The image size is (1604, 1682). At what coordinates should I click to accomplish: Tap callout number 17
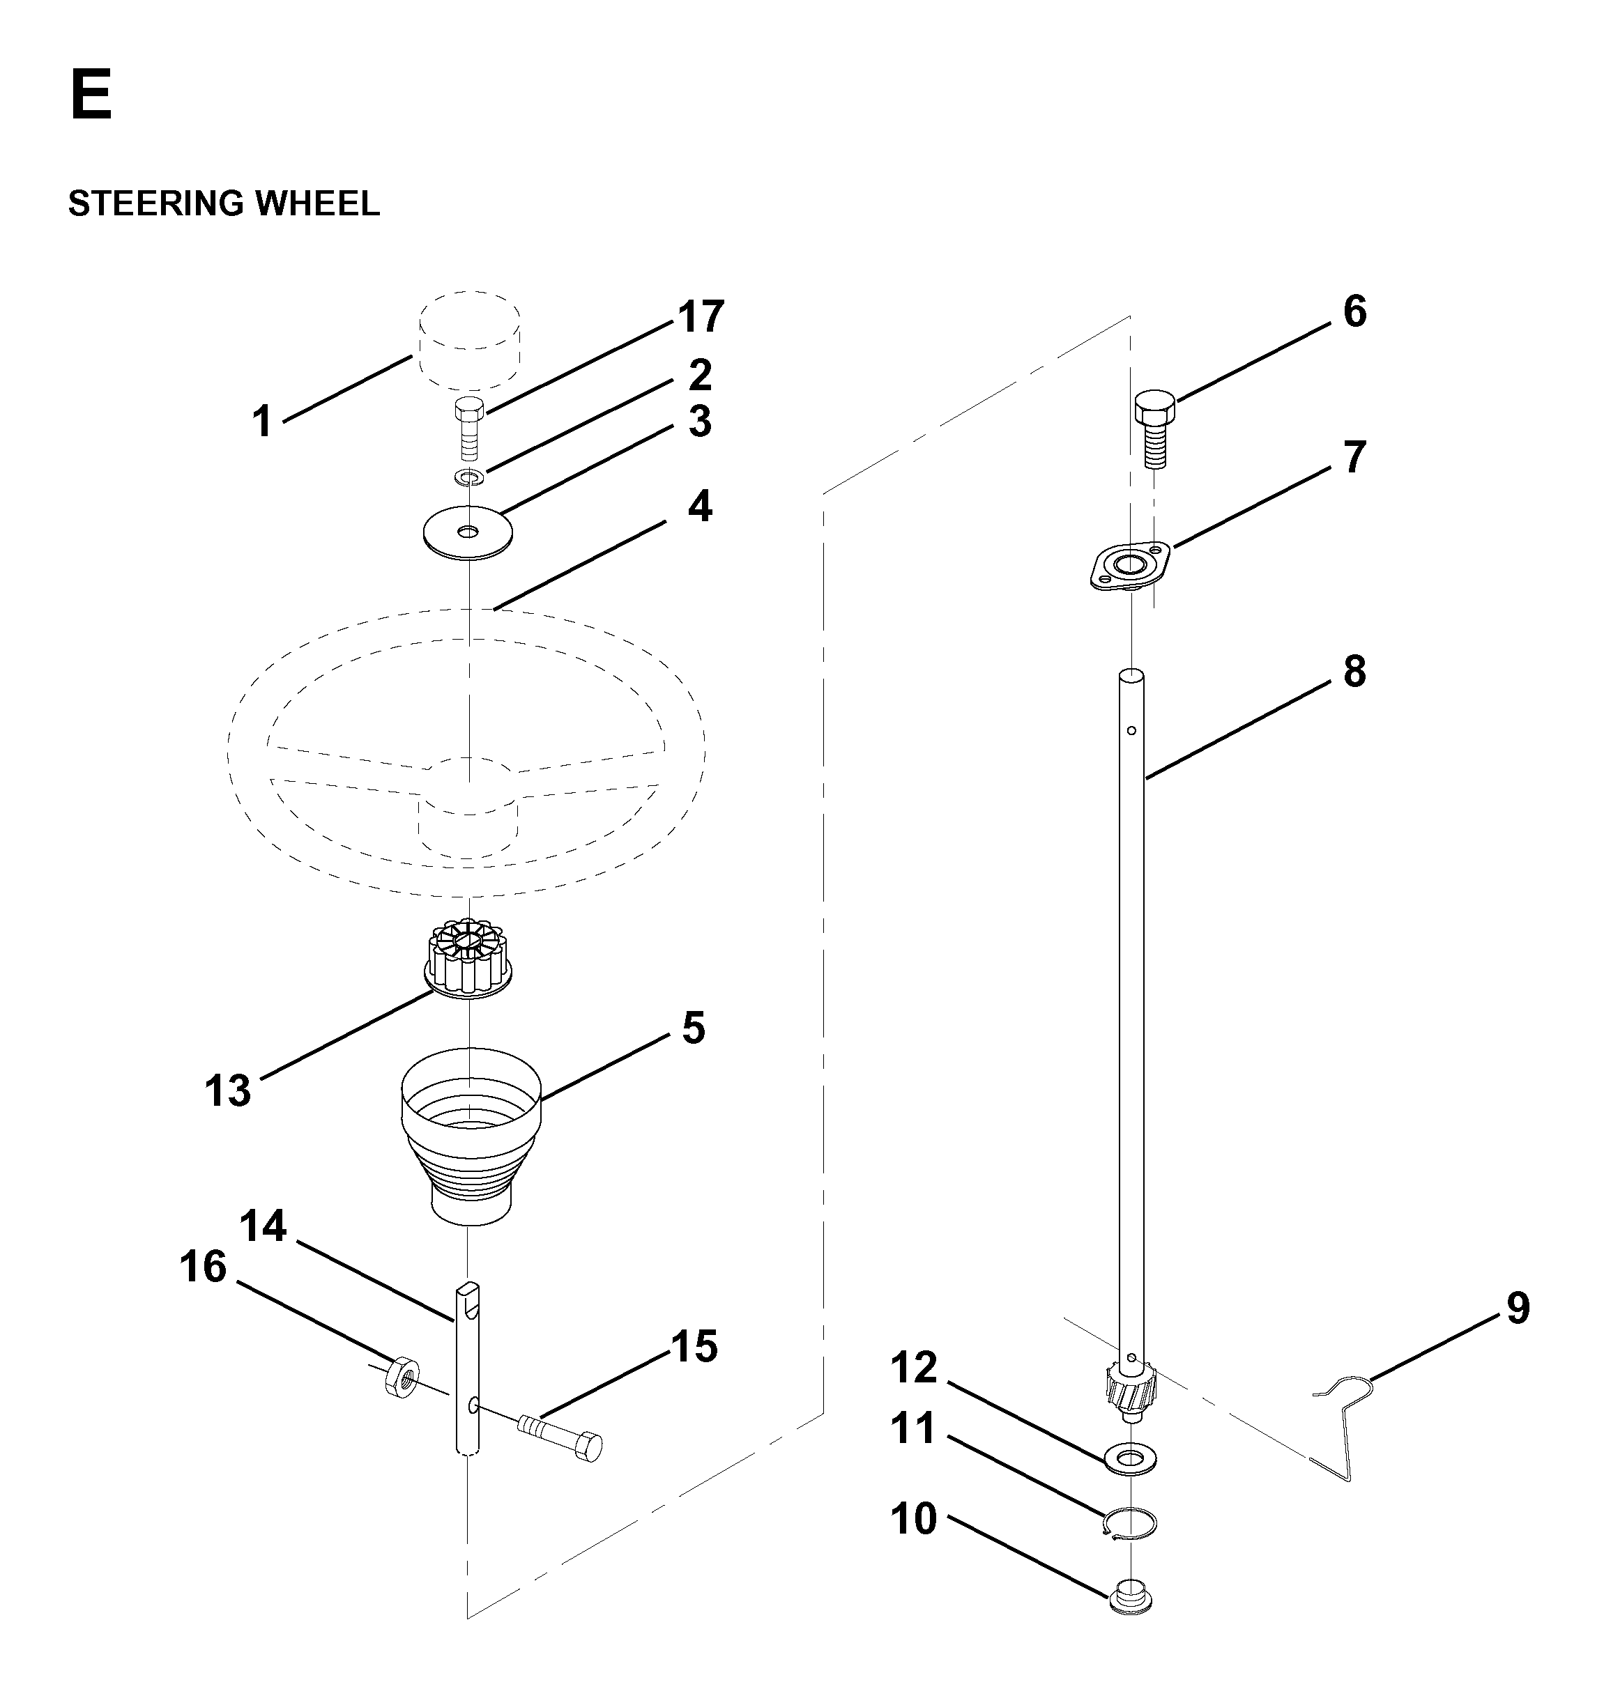tap(701, 316)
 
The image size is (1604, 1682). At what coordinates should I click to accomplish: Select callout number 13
tap(227, 1090)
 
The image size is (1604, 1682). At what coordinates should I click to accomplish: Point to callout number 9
tap(1518, 1309)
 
